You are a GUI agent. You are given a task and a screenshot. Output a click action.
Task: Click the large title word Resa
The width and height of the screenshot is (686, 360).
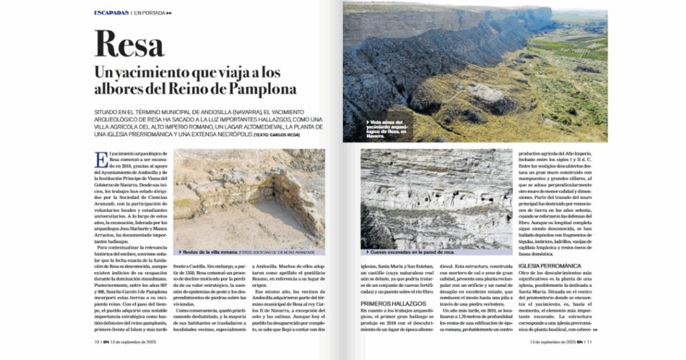[x=130, y=44]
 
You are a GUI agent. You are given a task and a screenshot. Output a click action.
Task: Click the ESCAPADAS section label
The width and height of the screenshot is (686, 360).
[x=111, y=12]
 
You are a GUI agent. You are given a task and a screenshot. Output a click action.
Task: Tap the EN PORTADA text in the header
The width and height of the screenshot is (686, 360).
[x=151, y=12]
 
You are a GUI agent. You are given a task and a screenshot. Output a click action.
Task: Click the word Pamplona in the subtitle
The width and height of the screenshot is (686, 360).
[x=263, y=89]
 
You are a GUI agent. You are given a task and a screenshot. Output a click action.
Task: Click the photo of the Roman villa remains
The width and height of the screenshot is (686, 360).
[x=249, y=198]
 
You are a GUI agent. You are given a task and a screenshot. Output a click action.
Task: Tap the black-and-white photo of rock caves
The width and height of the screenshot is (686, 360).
[x=435, y=198]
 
